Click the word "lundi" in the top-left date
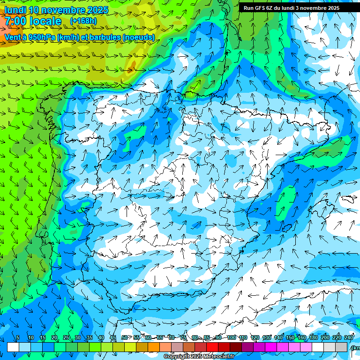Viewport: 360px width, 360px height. pyautogui.click(x=15, y=10)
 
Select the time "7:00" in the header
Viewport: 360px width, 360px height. pyautogui.click(x=15, y=21)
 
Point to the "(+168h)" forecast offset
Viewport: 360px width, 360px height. pyautogui.click(x=83, y=21)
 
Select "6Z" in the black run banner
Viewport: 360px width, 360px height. pyautogui.click(x=270, y=8)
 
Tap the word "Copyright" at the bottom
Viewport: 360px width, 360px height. pyautogui.click(x=177, y=357)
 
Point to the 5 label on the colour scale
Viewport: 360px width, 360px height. pyautogui.click(x=18, y=338)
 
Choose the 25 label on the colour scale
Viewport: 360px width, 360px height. pyautogui.click(x=66, y=338)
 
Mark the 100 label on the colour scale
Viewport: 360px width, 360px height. pyautogui.click(x=231, y=338)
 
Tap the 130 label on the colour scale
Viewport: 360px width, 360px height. pyautogui.click(x=267, y=338)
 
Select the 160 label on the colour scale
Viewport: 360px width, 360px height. pyautogui.click(x=302, y=338)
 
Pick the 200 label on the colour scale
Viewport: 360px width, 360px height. pyautogui.click(x=325, y=338)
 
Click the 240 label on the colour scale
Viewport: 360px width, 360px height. pyautogui.click(x=349, y=338)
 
